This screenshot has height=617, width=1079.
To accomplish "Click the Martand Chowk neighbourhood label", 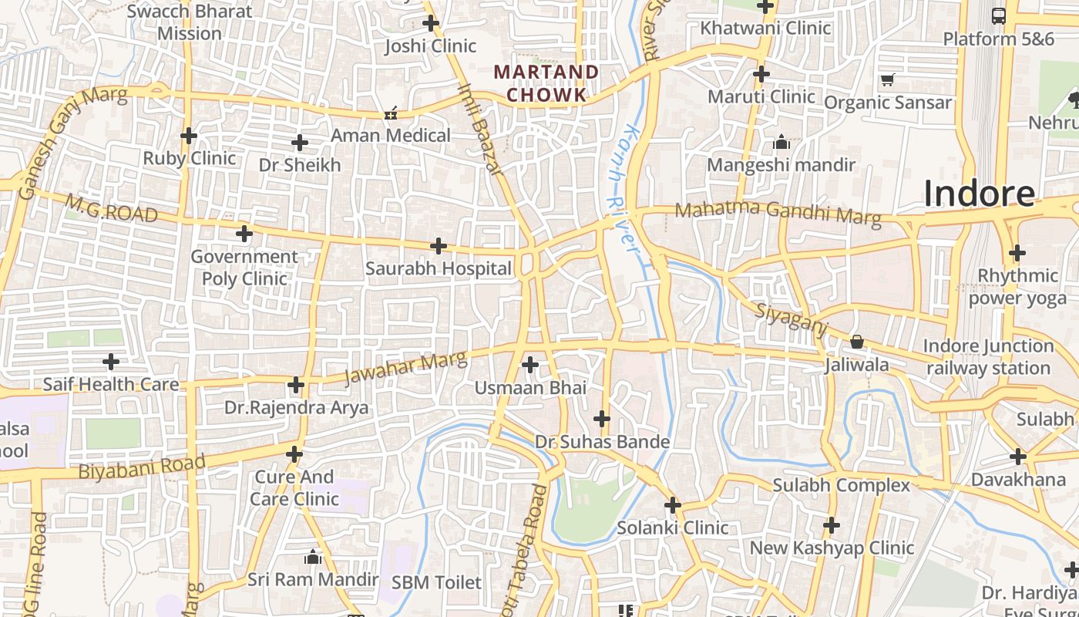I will click(546, 83).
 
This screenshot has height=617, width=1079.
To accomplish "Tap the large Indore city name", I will click(979, 193).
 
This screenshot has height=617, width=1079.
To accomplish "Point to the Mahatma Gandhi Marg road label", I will click(778, 212).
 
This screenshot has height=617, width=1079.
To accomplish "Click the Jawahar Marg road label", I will click(405, 367).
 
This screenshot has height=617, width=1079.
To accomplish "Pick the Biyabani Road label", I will click(142, 467).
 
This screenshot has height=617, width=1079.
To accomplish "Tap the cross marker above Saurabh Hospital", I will click(439, 246).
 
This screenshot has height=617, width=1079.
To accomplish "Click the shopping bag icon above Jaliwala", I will click(856, 342).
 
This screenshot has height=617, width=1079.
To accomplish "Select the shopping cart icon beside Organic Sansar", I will click(888, 79).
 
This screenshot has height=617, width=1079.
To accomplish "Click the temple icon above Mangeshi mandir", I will click(782, 142).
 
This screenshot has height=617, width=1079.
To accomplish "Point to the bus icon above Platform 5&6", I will click(998, 15).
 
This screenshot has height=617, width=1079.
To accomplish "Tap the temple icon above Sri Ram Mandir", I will click(313, 556).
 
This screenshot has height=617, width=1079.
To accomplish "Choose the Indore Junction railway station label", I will click(988, 357).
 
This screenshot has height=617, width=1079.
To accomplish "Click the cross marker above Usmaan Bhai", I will click(530, 364).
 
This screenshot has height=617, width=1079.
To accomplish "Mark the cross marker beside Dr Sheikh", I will click(299, 143).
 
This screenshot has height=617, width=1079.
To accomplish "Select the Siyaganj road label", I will click(790, 320).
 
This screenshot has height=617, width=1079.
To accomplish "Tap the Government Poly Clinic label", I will click(244, 267).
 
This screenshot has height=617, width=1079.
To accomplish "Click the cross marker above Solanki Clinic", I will click(673, 505).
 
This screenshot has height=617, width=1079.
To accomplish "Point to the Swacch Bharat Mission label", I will click(189, 22).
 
